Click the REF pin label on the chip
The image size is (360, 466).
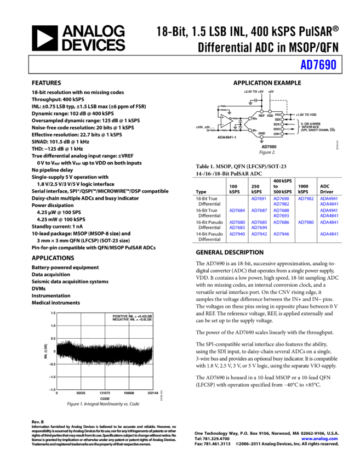point(261,116)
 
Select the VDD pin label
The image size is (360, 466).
point(270,116)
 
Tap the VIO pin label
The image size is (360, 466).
point(277,115)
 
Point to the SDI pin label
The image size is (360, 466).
point(277,120)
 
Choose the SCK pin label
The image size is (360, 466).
point(277,124)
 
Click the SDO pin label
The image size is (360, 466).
point(277,129)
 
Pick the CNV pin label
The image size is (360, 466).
point(277,134)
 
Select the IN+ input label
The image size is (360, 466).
point(255,118)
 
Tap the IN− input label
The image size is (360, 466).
point(255,130)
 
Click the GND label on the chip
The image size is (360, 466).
point(261,133)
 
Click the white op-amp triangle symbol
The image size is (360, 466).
point(226,121)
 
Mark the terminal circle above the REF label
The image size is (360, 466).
point(261,111)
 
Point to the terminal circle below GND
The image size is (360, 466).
point(261,137)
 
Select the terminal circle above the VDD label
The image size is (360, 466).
point(270,111)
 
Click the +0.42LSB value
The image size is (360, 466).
point(145,316)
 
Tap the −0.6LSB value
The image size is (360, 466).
point(145,320)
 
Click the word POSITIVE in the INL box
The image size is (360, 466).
point(120,316)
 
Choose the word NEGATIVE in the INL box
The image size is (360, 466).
point(121,320)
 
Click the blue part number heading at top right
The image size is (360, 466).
point(318,65)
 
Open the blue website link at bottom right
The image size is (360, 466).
point(319,439)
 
